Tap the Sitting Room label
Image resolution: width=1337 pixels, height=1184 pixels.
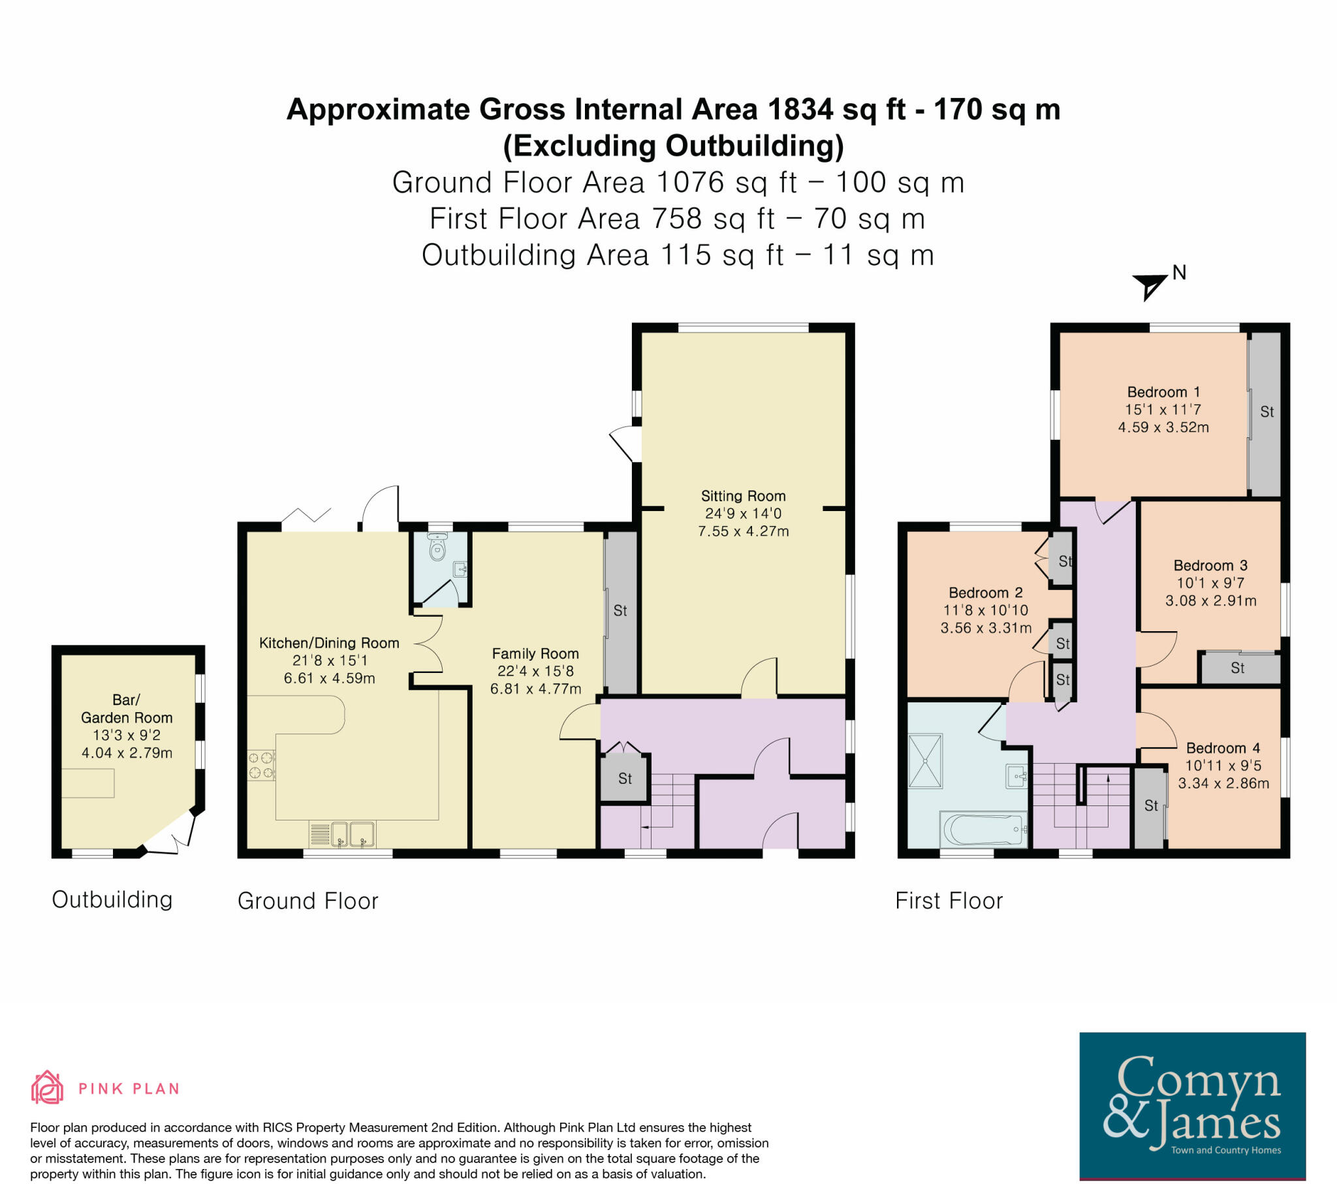743,496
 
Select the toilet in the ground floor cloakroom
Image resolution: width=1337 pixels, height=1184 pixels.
437,548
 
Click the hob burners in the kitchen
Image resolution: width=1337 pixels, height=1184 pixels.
260,766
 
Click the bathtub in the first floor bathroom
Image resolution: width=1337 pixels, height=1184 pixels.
983,830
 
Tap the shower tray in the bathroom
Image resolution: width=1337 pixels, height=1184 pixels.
926,761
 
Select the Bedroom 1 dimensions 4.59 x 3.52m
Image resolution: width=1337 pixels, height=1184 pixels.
1163,428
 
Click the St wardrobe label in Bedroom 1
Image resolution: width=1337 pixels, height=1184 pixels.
1267,411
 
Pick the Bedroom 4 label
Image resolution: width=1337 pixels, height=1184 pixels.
1223,748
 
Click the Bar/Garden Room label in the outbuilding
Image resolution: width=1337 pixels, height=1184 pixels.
126,708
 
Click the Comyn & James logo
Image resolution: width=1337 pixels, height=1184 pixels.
1192,1105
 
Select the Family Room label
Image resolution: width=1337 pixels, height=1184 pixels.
535,653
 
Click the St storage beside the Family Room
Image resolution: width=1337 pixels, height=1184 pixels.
620,611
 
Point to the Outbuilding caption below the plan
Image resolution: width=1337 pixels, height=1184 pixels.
112,899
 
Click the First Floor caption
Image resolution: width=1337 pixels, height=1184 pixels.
949,901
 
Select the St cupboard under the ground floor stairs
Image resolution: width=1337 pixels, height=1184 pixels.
625,779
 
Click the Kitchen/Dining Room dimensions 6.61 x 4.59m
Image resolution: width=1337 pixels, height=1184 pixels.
329,678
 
